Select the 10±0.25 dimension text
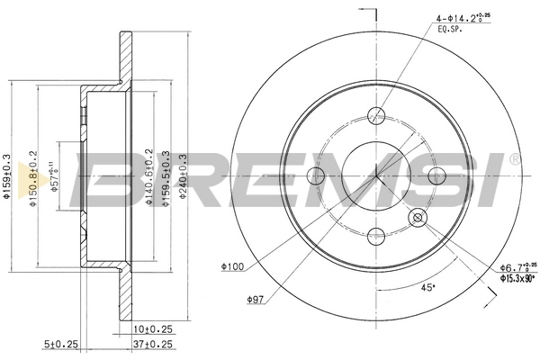152,328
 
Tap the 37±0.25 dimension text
152,343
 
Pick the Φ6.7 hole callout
517,265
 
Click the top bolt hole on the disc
377,115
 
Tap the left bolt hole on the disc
317,175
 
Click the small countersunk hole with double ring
418,217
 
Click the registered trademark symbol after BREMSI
513,159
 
